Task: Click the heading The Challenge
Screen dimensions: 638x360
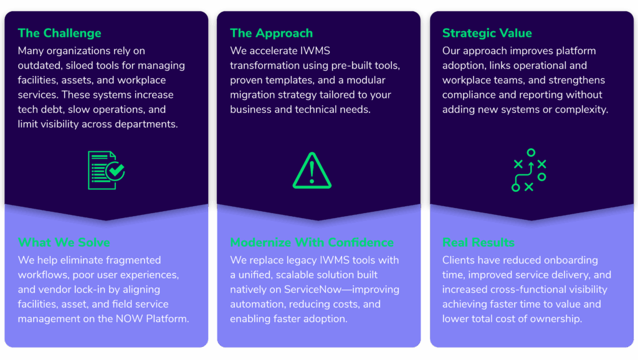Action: click(59, 33)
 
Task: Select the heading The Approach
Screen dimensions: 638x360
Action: click(272, 33)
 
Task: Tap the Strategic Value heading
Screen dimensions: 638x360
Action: click(487, 33)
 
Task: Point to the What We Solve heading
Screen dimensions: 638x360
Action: click(64, 242)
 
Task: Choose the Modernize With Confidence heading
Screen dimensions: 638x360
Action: click(312, 242)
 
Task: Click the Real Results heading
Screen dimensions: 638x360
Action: click(478, 242)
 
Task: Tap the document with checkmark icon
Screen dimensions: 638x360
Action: click(106, 170)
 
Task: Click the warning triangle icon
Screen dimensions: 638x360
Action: click(312, 171)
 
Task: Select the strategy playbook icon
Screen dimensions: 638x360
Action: click(529, 170)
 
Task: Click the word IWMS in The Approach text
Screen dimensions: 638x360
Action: click(315, 51)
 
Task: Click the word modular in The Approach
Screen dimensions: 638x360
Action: click(366, 80)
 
